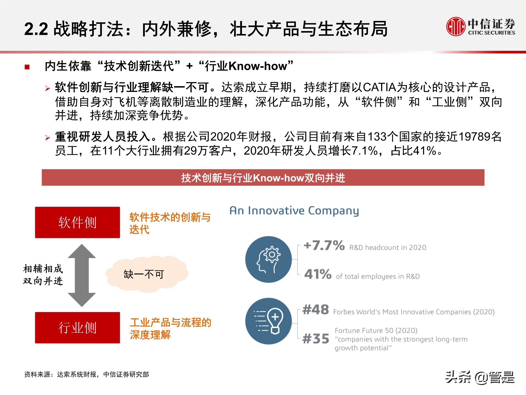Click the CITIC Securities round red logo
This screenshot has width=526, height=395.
pos(456,26)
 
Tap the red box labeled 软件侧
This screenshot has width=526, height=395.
pos(77,222)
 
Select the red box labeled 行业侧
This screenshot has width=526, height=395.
pos(77,328)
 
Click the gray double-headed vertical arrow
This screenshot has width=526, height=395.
pos(82,275)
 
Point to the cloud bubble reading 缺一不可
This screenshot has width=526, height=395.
pos(146,274)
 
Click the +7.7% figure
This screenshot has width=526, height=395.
pos(324,245)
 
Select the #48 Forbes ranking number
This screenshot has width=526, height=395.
pos(316,310)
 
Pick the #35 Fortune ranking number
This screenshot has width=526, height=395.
pos(316,339)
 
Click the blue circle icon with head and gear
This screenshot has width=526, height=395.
pos(268,259)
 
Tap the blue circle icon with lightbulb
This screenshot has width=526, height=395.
pos(268,321)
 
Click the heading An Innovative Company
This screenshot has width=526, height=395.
pos(294,211)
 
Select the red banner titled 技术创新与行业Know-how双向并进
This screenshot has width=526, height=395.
pos(263,178)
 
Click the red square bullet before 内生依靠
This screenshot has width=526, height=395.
pos(27,67)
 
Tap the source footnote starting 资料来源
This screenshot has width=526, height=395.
pos(87,374)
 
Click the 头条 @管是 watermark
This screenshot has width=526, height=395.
pos(480,377)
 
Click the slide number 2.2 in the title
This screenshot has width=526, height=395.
pos(36,29)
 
